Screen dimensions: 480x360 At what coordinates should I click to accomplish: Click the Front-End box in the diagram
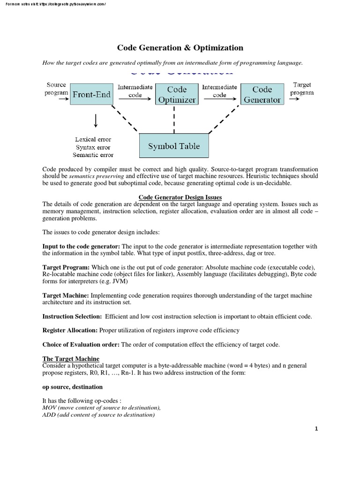click(91, 95)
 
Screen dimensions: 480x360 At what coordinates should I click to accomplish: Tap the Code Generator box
click(262, 94)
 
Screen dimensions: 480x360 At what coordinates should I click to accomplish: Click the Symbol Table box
click(174, 146)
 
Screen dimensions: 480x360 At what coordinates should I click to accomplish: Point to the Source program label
click(56, 89)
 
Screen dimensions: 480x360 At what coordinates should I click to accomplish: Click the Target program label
click(302, 89)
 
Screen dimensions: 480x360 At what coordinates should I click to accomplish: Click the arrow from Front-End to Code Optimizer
click(135, 99)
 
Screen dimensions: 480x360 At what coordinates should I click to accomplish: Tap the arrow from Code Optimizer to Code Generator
click(219, 99)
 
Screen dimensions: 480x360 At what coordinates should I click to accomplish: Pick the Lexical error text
click(93, 139)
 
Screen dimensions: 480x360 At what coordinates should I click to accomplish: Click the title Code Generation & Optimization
click(180, 48)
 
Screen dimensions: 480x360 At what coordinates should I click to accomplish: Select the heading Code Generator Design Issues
click(180, 197)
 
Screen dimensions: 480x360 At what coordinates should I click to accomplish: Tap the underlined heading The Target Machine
click(71, 359)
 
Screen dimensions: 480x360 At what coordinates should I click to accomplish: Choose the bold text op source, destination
click(73, 387)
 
